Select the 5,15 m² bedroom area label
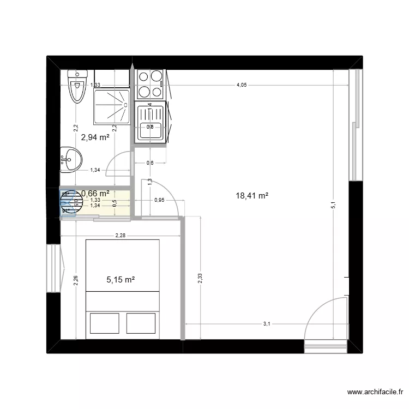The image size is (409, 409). pyautogui.click(x=121, y=280)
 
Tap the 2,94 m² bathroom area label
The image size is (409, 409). pyautogui.click(x=95, y=137)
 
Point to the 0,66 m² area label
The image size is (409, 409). pyautogui.click(x=95, y=193)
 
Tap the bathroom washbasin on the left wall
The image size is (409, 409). pyautogui.click(x=71, y=160)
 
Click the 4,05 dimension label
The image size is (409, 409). pyautogui.click(x=241, y=85)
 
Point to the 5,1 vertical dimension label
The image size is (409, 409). pyautogui.click(x=334, y=205)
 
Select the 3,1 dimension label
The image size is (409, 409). pyautogui.click(x=267, y=324)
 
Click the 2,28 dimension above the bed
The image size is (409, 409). pyautogui.click(x=121, y=236)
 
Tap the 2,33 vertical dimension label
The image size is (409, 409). pyautogui.click(x=200, y=278)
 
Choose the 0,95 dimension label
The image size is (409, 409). pyautogui.click(x=159, y=200)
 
